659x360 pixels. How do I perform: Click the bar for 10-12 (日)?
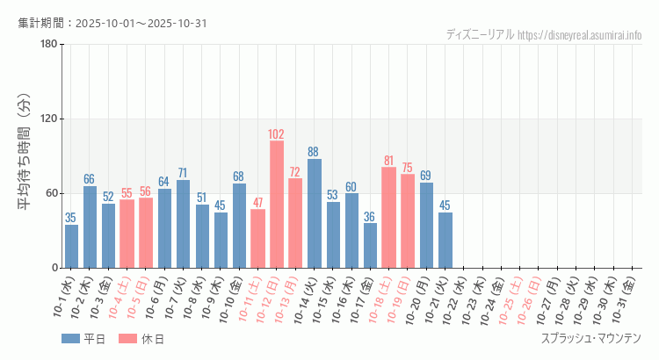tap(276, 204)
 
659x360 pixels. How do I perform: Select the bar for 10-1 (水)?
tap(71, 246)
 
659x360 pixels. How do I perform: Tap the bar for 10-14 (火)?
tap(314, 212)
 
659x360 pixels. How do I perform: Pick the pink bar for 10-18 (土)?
tap(388, 217)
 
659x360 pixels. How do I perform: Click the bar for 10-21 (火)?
tap(445, 240)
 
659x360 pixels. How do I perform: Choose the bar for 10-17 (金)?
tap(370, 245)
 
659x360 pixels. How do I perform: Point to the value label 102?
tap(276, 134)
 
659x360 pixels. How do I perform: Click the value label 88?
tap(314, 152)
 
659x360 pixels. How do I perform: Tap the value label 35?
tap(71, 218)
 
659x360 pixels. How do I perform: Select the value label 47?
tap(257, 203)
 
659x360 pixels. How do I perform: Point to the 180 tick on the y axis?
tap(49, 45)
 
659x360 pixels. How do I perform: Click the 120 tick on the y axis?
tap(49, 119)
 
